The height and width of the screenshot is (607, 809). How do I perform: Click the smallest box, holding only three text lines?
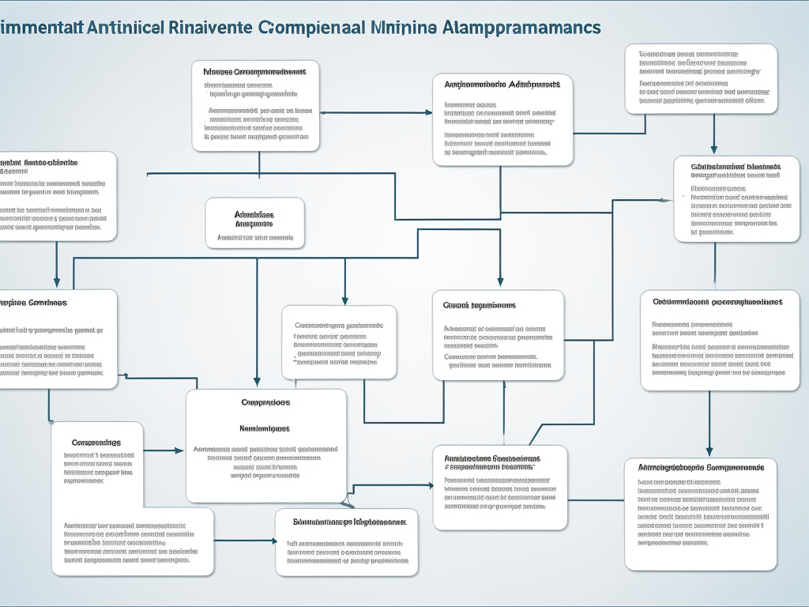point(254,223)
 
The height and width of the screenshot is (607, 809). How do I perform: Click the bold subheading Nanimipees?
point(265,428)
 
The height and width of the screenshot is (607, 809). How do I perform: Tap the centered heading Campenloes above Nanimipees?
point(265,402)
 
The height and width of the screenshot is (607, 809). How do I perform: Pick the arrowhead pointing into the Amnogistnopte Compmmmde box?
point(709,451)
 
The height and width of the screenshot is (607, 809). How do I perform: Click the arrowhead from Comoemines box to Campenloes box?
point(179,451)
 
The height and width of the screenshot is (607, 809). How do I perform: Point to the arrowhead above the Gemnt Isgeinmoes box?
point(499,281)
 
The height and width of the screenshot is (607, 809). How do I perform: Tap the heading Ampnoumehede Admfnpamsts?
point(502,84)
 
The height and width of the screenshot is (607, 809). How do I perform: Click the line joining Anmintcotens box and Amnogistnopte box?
point(596,500)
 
